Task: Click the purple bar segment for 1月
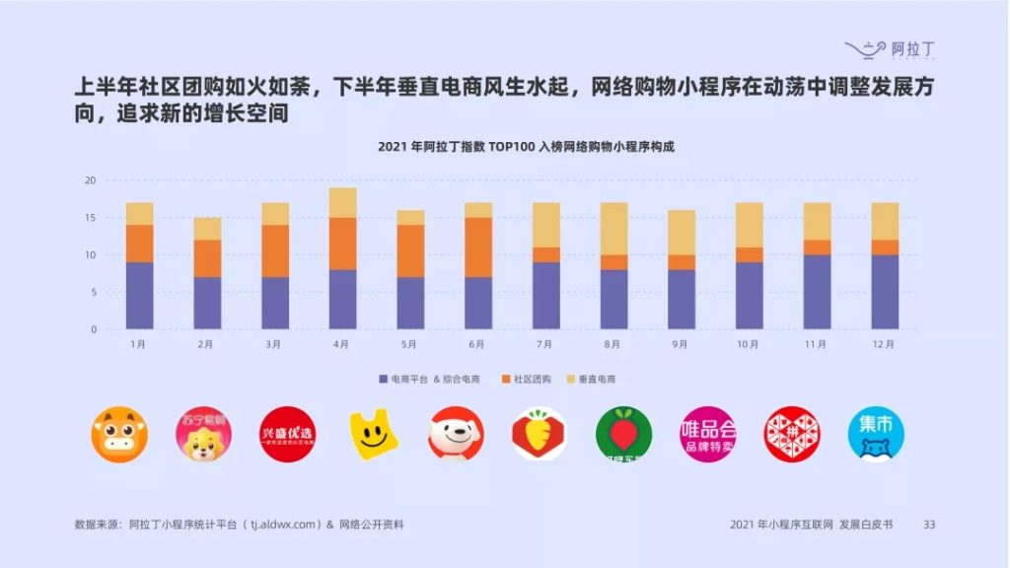139,295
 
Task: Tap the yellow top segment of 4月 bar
342,202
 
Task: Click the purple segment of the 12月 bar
885,292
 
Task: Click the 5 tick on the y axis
93,292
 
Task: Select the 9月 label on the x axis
681,344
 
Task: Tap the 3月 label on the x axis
274,344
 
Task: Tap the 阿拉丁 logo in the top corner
889,47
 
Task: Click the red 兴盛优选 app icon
287,435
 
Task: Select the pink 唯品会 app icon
708,435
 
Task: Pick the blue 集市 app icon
876,435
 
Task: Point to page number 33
928,525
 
